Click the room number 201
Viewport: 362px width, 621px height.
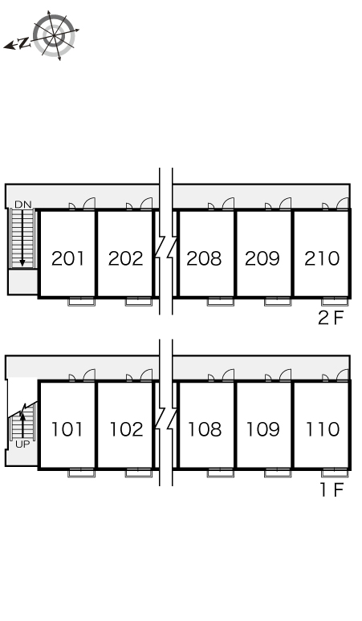[67, 258]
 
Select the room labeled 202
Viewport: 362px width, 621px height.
[125, 258]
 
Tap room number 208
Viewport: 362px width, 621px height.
[204, 258]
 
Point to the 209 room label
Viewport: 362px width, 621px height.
[262, 258]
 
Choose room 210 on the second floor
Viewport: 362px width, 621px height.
[322, 258]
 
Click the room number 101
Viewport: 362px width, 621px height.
[67, 429]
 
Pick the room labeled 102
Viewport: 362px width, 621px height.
[126, 429]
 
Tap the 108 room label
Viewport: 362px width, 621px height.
[205, 429]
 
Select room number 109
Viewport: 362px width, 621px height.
[262, 429]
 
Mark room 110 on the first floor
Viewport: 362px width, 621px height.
[323, 429]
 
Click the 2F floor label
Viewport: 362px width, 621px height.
[331, 318]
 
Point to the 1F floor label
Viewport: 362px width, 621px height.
[331, 490]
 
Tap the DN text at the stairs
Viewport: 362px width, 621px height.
[22, 205]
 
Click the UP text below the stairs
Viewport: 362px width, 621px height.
[22, 444]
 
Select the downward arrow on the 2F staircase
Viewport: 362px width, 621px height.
[22, 237]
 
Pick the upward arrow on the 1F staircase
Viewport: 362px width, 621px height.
[22, 424]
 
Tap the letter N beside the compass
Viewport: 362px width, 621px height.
[25, 43]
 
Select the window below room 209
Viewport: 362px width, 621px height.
[278, 302]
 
